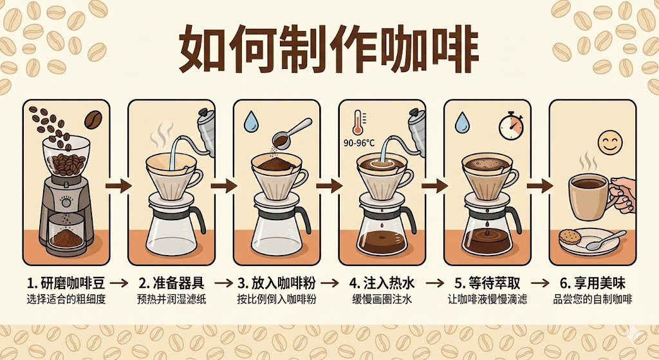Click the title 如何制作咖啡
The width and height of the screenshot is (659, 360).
329,48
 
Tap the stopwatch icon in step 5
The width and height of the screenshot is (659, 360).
510,126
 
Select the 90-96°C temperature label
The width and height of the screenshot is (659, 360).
358,143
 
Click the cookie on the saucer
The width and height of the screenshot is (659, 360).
570,237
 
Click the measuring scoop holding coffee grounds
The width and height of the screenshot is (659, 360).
290,133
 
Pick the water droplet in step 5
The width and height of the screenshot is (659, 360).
463,122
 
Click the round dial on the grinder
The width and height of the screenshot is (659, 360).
66,203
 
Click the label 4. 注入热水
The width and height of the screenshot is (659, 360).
382,283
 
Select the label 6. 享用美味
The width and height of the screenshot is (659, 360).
593,283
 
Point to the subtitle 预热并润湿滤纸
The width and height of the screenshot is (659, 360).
171,299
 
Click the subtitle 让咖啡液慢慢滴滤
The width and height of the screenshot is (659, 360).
487,299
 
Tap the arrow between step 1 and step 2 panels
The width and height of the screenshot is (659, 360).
118,185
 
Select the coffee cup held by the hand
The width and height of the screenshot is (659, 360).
588,197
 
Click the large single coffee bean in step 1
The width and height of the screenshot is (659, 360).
93,120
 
